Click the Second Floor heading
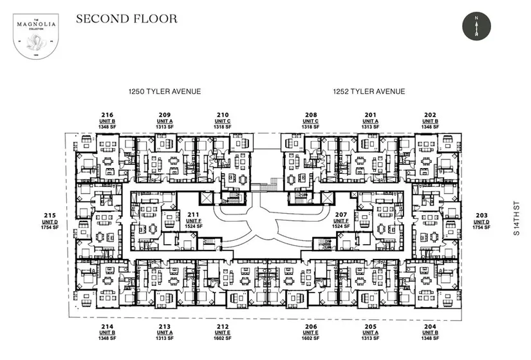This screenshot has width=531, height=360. [126, 18]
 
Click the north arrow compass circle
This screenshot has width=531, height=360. [476, 26]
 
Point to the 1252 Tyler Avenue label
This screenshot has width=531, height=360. [369, 91]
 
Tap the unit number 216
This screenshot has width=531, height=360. [107, 115]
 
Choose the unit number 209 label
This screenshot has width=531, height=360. [165, 115]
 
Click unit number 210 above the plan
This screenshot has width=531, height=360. [223, 115]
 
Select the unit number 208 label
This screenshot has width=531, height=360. [310, 115]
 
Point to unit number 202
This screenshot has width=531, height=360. [431, 115]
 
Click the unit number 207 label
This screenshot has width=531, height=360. [340, 214]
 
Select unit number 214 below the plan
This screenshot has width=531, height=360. [107, 327]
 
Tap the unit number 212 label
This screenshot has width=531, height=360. [223, 327]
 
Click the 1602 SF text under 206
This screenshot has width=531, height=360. [310, 338]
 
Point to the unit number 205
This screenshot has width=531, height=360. [369, 327]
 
